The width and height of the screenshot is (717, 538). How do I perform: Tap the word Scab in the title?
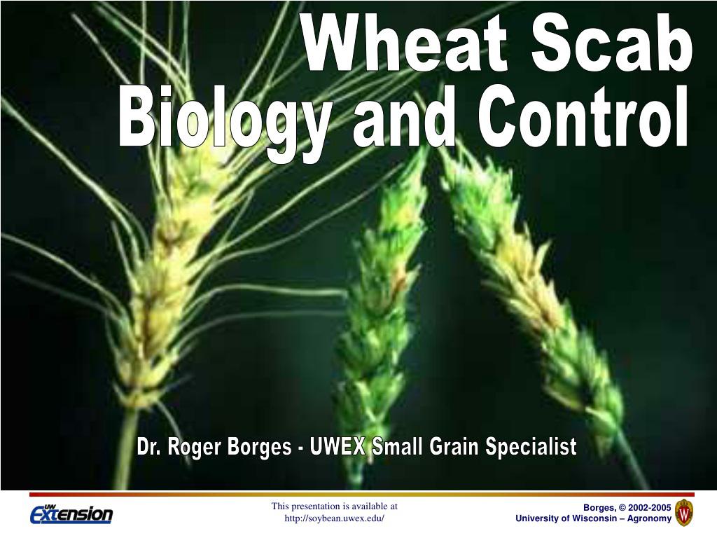coord(611,43)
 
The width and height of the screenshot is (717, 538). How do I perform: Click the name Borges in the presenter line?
coord(259,447)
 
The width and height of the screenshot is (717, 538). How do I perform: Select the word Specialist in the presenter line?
coord(531,446)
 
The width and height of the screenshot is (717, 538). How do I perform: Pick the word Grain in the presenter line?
coord(454,446)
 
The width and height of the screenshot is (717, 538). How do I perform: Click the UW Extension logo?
coord(71,513)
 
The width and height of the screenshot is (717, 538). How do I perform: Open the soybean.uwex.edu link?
coord(334,519)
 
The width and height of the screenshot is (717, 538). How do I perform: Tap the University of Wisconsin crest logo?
coord(684,512)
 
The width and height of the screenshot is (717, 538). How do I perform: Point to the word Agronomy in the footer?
coord(649,519)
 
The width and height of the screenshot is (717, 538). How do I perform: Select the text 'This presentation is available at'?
coord(334,506)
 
